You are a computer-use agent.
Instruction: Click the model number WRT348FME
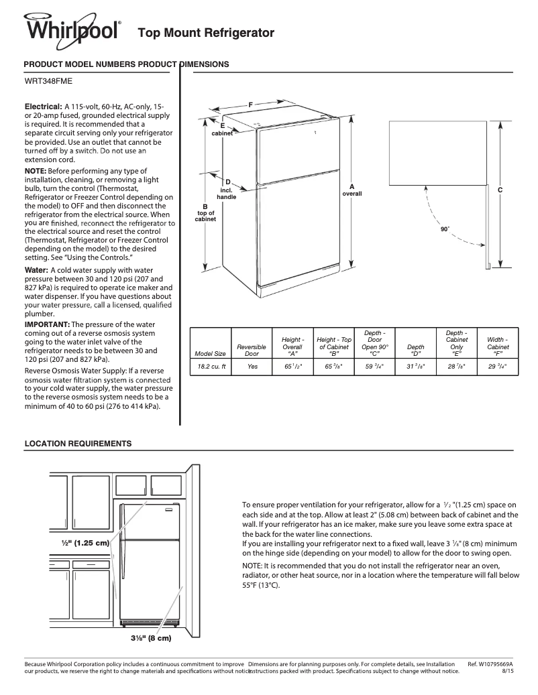(48, 81)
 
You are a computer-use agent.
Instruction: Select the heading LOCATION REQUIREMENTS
(78, 444)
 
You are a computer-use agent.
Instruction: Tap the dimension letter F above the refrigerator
(250, 105)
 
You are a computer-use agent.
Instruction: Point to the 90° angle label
(445, 229)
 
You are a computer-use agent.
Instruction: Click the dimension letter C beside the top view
(500, 190)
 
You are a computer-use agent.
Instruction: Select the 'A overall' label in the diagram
(352, 190)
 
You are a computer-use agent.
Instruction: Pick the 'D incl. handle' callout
(227, 190)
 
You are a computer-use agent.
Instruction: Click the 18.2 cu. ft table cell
(211, 367)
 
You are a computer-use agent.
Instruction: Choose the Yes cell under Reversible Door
(252, 367)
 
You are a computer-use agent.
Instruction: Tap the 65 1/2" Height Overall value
(292, 367)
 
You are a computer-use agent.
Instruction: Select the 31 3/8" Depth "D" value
(416, 367)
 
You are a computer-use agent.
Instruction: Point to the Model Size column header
(211, 353)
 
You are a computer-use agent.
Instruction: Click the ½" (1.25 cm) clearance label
(81, 542)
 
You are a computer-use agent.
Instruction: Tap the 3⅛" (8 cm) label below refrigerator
(150, 637)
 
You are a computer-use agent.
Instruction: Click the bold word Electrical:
(43, 107)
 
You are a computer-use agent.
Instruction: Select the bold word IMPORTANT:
(47, 324)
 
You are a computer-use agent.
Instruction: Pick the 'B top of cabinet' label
(205, 212)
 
